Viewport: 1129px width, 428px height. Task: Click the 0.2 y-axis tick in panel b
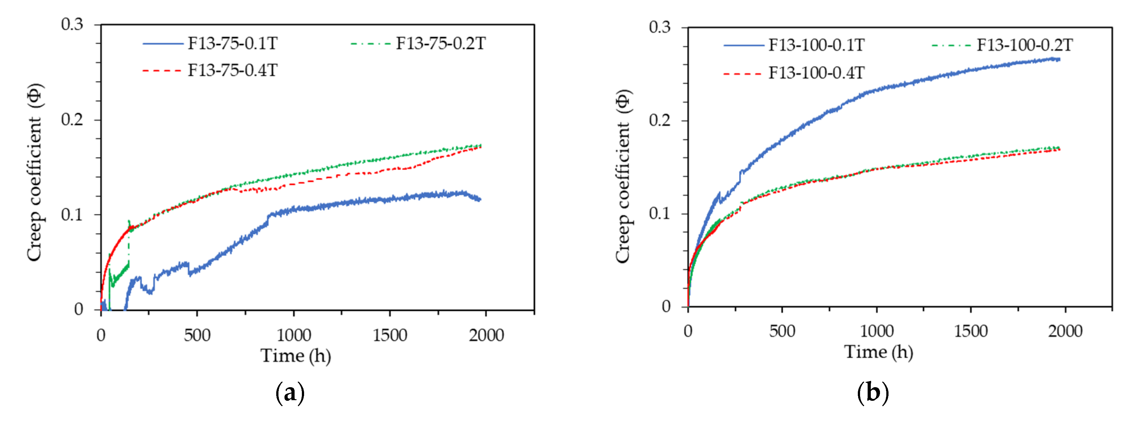660,121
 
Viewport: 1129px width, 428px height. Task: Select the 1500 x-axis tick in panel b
971,331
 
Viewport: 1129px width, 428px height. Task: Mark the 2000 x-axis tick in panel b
1065,331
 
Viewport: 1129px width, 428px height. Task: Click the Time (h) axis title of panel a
296,356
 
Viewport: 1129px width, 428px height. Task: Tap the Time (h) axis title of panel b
879,352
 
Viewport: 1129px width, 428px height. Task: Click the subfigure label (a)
290,393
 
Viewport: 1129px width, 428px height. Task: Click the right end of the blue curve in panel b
1059,59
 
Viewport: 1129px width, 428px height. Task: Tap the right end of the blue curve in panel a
480,200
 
